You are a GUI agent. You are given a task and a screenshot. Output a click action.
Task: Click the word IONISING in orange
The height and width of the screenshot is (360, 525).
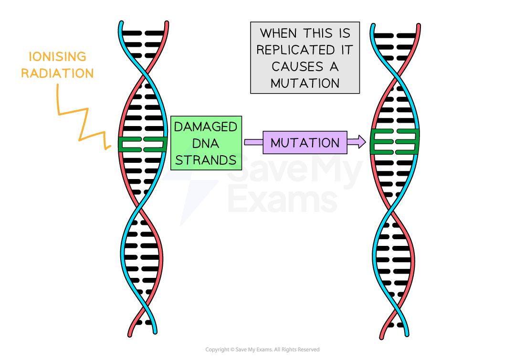point(58,57)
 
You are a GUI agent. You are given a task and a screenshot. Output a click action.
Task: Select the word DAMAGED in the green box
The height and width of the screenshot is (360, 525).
point(206,127)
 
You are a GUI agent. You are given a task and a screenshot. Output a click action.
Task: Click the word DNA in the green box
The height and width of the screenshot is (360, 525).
point(206,144)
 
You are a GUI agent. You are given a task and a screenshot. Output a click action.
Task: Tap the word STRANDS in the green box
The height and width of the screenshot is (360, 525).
point(206,160)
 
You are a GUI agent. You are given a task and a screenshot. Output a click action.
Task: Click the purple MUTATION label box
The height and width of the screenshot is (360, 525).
point(304,142)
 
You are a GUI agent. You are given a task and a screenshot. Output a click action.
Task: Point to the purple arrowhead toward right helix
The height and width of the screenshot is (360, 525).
point(358,142)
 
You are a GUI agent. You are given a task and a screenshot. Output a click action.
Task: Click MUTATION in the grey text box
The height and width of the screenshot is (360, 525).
point(304,83)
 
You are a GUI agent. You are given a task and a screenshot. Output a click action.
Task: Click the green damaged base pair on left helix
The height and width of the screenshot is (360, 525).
point(143,144)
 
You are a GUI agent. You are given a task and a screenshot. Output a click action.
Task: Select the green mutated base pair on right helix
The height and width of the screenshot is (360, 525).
point(395,142)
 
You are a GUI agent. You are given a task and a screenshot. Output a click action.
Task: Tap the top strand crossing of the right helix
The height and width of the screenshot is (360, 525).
point(396,76)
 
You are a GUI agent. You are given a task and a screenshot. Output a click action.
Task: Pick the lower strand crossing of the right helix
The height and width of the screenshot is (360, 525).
point(392,210)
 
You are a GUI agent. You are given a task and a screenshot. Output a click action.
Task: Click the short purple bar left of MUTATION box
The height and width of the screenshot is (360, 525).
point(253,142)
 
